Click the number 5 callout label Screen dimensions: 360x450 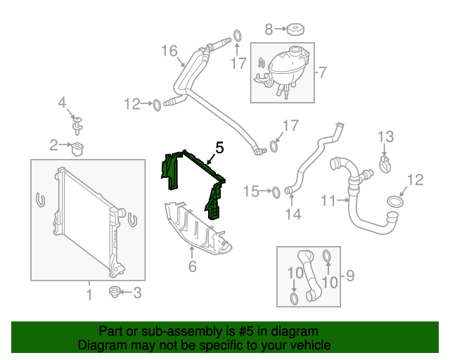coord(219,148)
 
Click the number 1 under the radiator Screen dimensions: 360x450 coord(89,292)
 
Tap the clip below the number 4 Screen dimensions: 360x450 coord(78,127)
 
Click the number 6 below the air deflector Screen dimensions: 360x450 coord(191,266)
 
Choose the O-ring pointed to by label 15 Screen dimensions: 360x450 coord(276,191)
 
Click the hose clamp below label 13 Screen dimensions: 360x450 coord(385,165)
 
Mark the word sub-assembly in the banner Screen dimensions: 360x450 coord(158,331)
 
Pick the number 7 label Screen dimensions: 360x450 coord(322,72)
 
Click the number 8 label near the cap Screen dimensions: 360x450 coord(268,30)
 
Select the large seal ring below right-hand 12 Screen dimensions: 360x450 coord(394,204)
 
